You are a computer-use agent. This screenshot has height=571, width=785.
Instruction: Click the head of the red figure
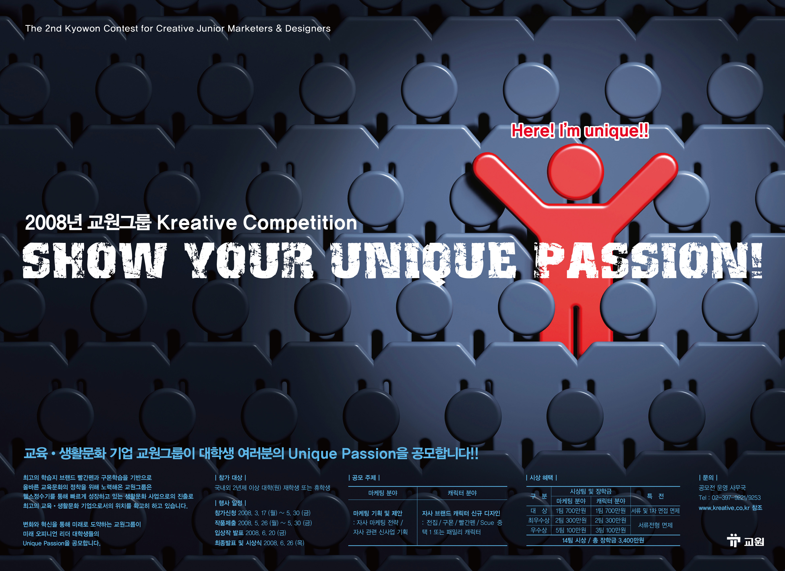576,172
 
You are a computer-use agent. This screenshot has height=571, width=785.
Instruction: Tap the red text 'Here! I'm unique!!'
580,131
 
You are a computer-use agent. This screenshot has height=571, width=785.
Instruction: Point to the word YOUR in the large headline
249,260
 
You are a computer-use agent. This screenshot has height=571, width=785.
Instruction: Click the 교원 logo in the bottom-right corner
745,541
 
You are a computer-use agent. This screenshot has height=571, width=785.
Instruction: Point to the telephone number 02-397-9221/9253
736,498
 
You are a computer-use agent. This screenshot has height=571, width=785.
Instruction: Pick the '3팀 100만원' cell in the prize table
611,530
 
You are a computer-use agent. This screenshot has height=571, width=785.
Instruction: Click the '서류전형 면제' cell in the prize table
655,525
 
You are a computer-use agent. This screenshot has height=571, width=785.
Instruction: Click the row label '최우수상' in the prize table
539,520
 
